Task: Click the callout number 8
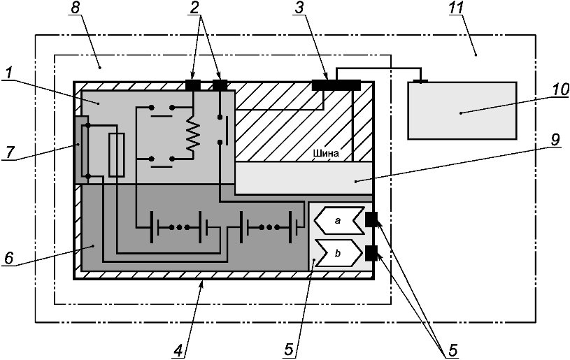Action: coord(75,8)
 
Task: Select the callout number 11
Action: coord(456,8)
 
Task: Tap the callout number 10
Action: coord(560,89)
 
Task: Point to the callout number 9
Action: coord(555,140)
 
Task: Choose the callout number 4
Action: coord(178,350)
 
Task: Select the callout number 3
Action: coord(299,8)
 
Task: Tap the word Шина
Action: coord(326,153)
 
